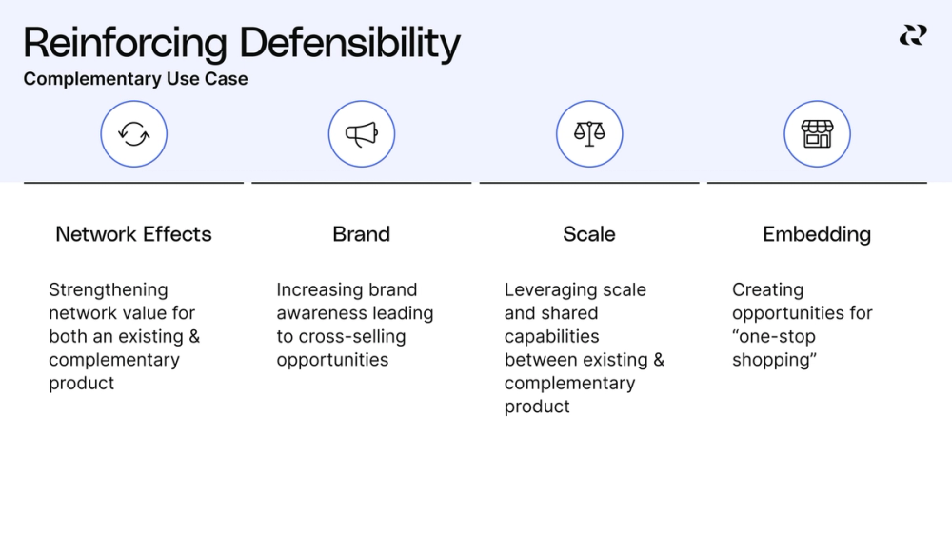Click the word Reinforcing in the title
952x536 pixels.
pyautogui.click(x=125, y=45)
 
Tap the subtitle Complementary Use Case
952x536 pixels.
pyautogui.click(x=135, y=80)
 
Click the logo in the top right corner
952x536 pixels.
pyautogui.click(x=912, y=36)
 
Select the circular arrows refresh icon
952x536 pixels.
pyautogui.click(x=133, y=134)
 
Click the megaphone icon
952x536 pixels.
pyautogui.click(x=361, y=134)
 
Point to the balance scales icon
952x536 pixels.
pyautogui.click(x=589, y=134)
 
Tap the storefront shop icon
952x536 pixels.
pyautogui.click(x=817, y=134)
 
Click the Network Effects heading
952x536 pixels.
pyautogui.click(x=133, y=234)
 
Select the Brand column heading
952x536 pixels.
pyautogui.click(x=361, y=234)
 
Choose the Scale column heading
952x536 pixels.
pyautogui.click(x=589, y=234)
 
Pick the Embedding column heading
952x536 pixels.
pyautogui.click(x=817, y=234)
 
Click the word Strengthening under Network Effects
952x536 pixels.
pyautogui.click(x=108, y=290)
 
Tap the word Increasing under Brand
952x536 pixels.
pyautogui.click(x=320, y=290)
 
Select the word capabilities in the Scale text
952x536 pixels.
pyautogui.click(x=551, y=337)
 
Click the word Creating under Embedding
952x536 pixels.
pyautogui.click(x=767, y=290)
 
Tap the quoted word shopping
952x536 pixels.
pyautogui.click(x=776, y=361)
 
